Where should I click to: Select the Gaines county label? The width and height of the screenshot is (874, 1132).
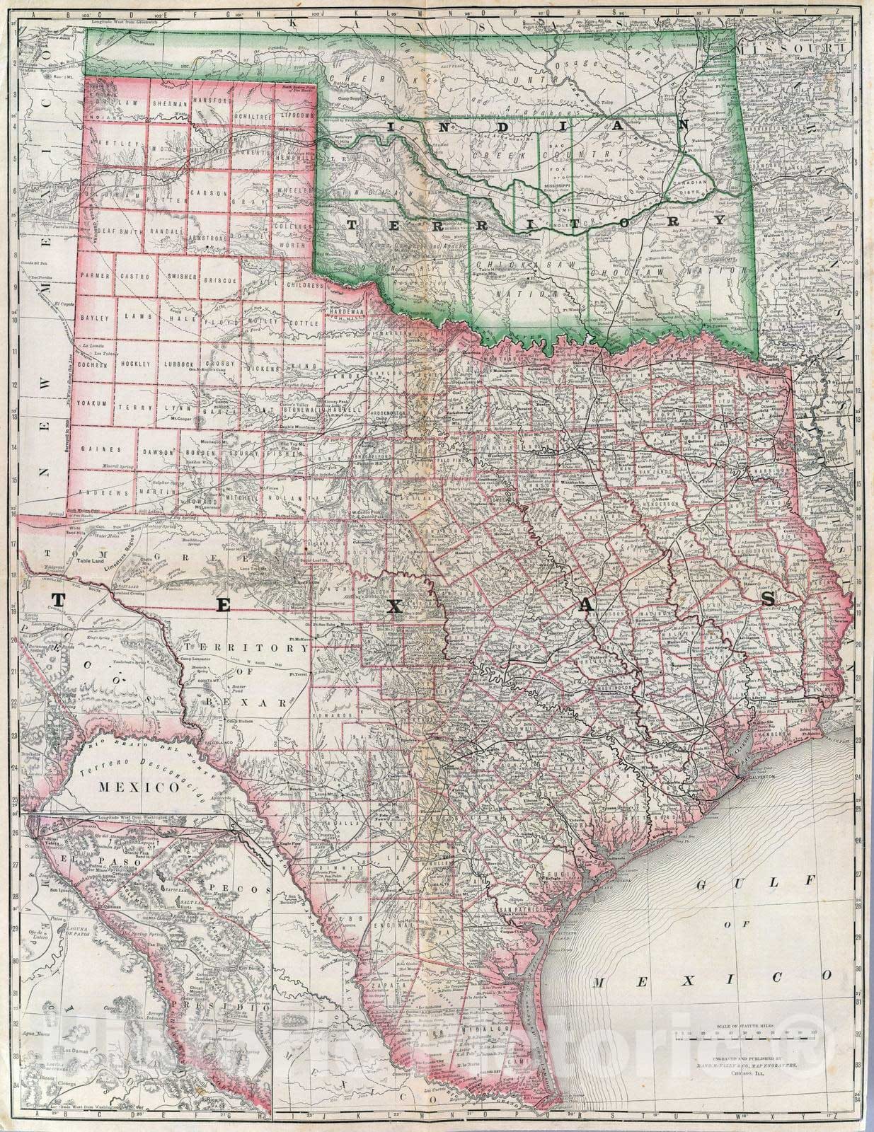point(97,449)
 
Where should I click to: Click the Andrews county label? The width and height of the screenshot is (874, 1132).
point(96,492)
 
